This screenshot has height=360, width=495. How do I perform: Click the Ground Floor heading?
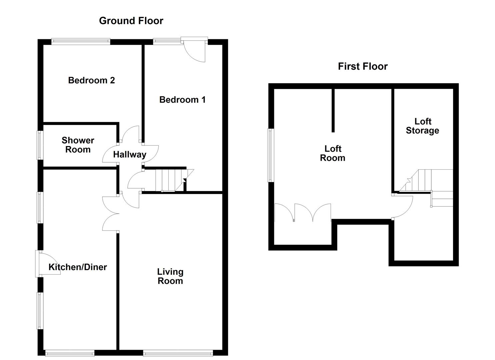[131, 21]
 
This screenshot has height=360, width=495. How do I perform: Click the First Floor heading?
[363, 66]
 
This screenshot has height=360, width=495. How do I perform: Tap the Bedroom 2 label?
[91, 80]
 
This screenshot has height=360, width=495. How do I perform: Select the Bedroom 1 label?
[182, 100]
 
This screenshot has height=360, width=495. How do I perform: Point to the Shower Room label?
[78, 145]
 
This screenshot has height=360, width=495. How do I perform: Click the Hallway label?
[130, 155]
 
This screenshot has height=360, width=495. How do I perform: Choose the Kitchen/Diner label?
[78, 267]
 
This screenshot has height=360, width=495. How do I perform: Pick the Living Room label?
[170, 276]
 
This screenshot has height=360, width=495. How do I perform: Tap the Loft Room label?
[333, 153]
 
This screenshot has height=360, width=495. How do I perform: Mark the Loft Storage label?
[422, 126]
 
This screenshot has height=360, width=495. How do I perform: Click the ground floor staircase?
[170, 180]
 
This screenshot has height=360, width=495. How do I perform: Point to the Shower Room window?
[40, 145]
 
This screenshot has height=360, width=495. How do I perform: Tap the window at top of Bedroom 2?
[81, 41]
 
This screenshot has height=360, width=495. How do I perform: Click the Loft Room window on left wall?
[271, 155]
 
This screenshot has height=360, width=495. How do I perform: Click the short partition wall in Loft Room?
[333, 110]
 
